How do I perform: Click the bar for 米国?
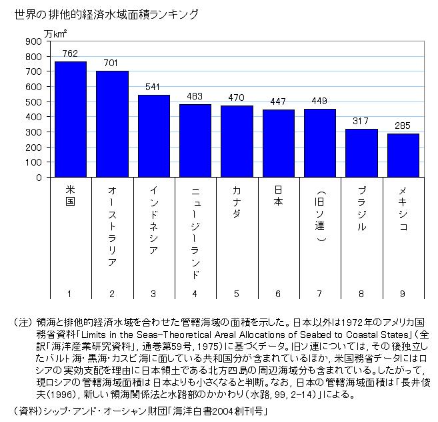point(70,120)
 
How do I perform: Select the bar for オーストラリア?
point(112,124)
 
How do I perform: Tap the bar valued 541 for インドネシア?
point(153,136)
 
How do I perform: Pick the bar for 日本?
point(279,144)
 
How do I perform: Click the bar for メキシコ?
point(403,156)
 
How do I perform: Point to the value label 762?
point(70,53)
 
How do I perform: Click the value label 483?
point(195,96)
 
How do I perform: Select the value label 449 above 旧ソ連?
point(320,101)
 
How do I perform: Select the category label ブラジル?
point(361,210)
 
